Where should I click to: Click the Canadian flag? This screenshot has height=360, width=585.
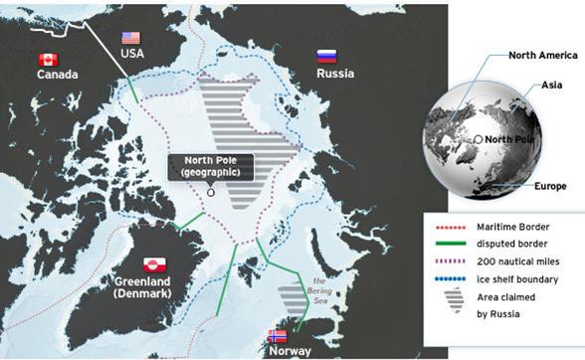pos(48,59)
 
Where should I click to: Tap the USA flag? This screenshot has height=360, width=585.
pos(131,38)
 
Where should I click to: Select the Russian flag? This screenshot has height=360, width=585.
pos(326,57)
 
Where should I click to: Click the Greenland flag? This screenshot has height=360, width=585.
pos(154,265)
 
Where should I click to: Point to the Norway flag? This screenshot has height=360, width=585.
pos(278,336)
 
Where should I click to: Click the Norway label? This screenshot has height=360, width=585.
pos(290,351)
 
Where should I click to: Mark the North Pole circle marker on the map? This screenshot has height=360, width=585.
pos(211,193)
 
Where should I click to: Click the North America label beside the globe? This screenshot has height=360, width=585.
pos(542,55)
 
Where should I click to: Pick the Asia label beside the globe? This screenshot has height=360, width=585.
pos(553,86)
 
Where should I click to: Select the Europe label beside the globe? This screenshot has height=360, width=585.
pos(549,186)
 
